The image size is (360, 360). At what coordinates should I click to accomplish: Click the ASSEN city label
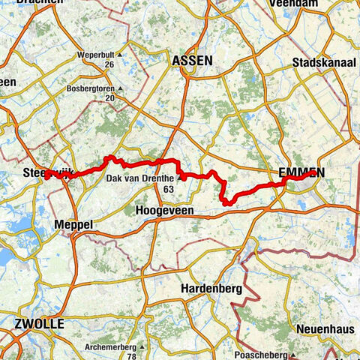(192, 60)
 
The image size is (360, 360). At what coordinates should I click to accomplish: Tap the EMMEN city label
(301, 172)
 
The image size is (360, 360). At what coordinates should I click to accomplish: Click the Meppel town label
(73, 224)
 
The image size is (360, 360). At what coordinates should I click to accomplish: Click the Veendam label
(301, 3)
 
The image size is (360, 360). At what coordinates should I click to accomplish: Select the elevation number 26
(109, 64)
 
